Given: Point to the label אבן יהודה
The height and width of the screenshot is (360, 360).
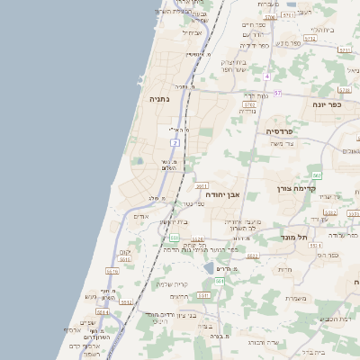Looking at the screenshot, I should pyautogui.click(x=221, y=193).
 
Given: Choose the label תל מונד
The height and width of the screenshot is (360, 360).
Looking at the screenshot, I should pyautogui.click(x=293, y=236).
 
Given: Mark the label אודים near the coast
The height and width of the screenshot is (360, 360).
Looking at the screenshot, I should pyautogui.click(x=140, y=216).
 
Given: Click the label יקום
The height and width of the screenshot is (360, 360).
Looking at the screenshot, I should pyautogui.click(x=125, y=252).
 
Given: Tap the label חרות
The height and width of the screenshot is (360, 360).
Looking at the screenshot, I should pyautogui.click(x=285, y=269).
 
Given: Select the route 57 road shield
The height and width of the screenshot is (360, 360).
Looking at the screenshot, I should pyautogui.click(x=278, y=93).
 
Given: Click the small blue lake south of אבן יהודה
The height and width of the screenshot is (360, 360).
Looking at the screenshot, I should pyautogui.click(x=209, y=267).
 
